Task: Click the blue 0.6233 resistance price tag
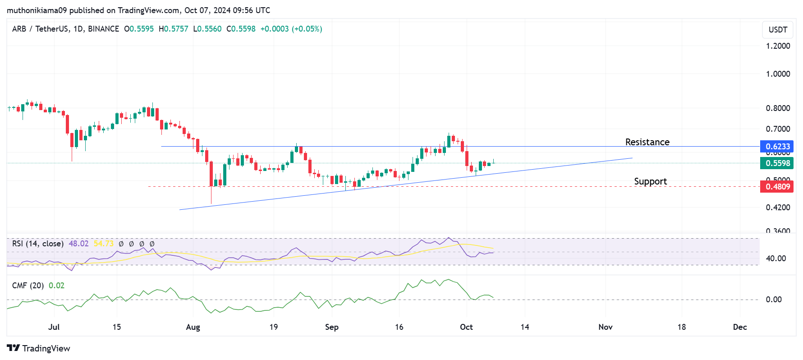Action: pos(777,147)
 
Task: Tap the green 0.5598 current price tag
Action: pos(777,163)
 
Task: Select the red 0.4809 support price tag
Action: pos(777,187)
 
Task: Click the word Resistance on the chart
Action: pos(647,142)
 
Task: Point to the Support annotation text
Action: pos(650,181)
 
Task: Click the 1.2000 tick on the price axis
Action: pos(778,46)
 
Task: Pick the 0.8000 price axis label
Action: pos(778,108)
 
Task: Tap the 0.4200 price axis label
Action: pos(778,208)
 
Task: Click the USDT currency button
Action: pos(778,30)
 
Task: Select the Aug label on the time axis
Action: pos(193,327)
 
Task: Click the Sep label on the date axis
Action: pos(332,327)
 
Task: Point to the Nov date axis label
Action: pos(606,327)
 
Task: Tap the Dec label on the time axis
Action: pos(740,327)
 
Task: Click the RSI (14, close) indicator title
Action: pos(38,244)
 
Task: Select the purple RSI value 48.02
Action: pos(78,244)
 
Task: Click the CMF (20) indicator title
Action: pos(28,286)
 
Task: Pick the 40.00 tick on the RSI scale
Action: pos(775,258)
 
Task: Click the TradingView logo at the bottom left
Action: pos(39,348)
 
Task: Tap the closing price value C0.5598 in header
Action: pos(241,29)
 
